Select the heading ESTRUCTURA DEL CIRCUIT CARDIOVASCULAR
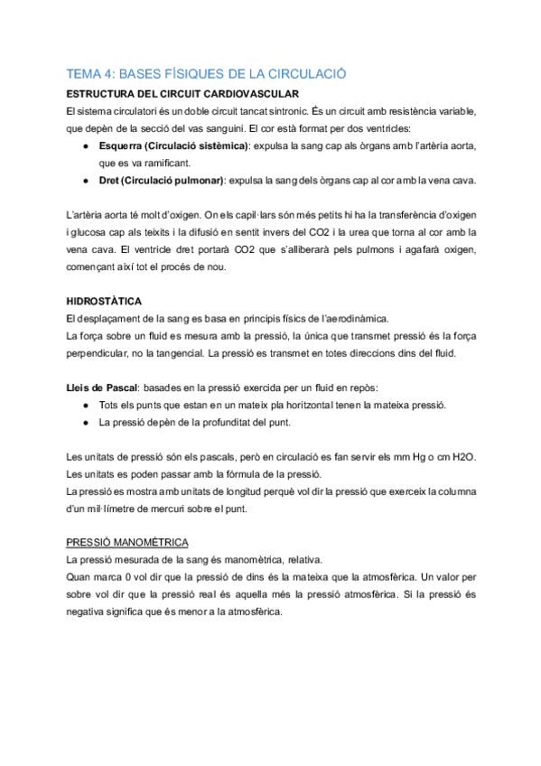(x=183, y=94)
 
